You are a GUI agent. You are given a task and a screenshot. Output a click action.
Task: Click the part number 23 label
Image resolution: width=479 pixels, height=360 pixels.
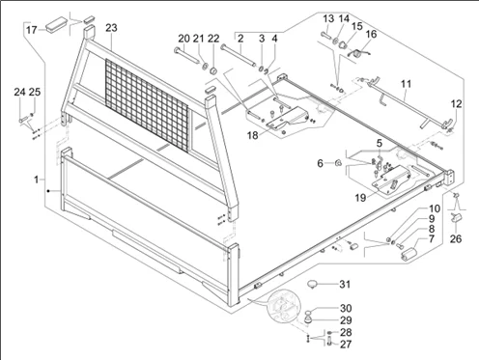111,28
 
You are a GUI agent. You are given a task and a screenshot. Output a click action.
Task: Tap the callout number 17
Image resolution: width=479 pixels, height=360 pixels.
32,30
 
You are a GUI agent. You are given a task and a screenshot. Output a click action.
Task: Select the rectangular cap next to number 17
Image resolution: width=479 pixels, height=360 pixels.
57,25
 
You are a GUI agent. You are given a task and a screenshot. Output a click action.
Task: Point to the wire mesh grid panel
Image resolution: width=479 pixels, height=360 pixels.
147,105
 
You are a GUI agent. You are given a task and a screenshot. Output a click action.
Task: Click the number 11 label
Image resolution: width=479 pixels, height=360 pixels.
407,84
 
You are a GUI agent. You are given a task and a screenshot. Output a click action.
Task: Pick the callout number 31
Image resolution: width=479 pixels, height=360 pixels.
345,284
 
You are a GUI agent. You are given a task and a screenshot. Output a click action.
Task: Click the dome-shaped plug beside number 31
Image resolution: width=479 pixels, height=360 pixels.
312,285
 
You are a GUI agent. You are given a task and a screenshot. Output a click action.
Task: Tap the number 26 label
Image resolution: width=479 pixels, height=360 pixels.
456,238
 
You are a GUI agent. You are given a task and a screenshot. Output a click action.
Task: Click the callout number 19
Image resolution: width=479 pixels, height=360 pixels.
361,198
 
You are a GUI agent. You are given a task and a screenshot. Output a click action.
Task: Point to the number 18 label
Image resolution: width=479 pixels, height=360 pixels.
253,135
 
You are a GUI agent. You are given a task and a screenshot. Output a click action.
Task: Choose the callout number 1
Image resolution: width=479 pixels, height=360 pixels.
37,180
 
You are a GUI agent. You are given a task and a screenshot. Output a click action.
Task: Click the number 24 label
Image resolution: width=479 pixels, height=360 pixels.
19,92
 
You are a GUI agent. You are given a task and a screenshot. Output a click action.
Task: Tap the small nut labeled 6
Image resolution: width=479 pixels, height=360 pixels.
338,164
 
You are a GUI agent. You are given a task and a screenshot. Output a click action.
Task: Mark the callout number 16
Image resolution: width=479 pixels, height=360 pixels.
371,34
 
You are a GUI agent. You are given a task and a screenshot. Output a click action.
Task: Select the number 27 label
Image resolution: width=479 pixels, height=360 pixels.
346,345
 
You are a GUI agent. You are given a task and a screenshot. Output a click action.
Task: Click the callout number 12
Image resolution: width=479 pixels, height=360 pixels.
457,104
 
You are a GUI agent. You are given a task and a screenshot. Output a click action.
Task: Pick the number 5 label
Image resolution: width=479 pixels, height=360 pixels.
380,143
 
